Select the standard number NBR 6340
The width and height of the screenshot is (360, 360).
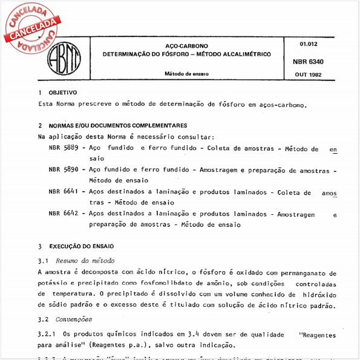click(308, 61)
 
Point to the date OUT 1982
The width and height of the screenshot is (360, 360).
click(308, 74)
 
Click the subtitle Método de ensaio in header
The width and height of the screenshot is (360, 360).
click(186, 74)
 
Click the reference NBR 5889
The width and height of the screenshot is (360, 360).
click(63, 148)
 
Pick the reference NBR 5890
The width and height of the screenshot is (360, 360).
click(63, 170)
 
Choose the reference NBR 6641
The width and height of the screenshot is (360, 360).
click(63, 192)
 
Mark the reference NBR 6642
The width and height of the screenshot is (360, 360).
click(63, 214)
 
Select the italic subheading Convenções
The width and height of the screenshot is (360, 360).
click(74, 319)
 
